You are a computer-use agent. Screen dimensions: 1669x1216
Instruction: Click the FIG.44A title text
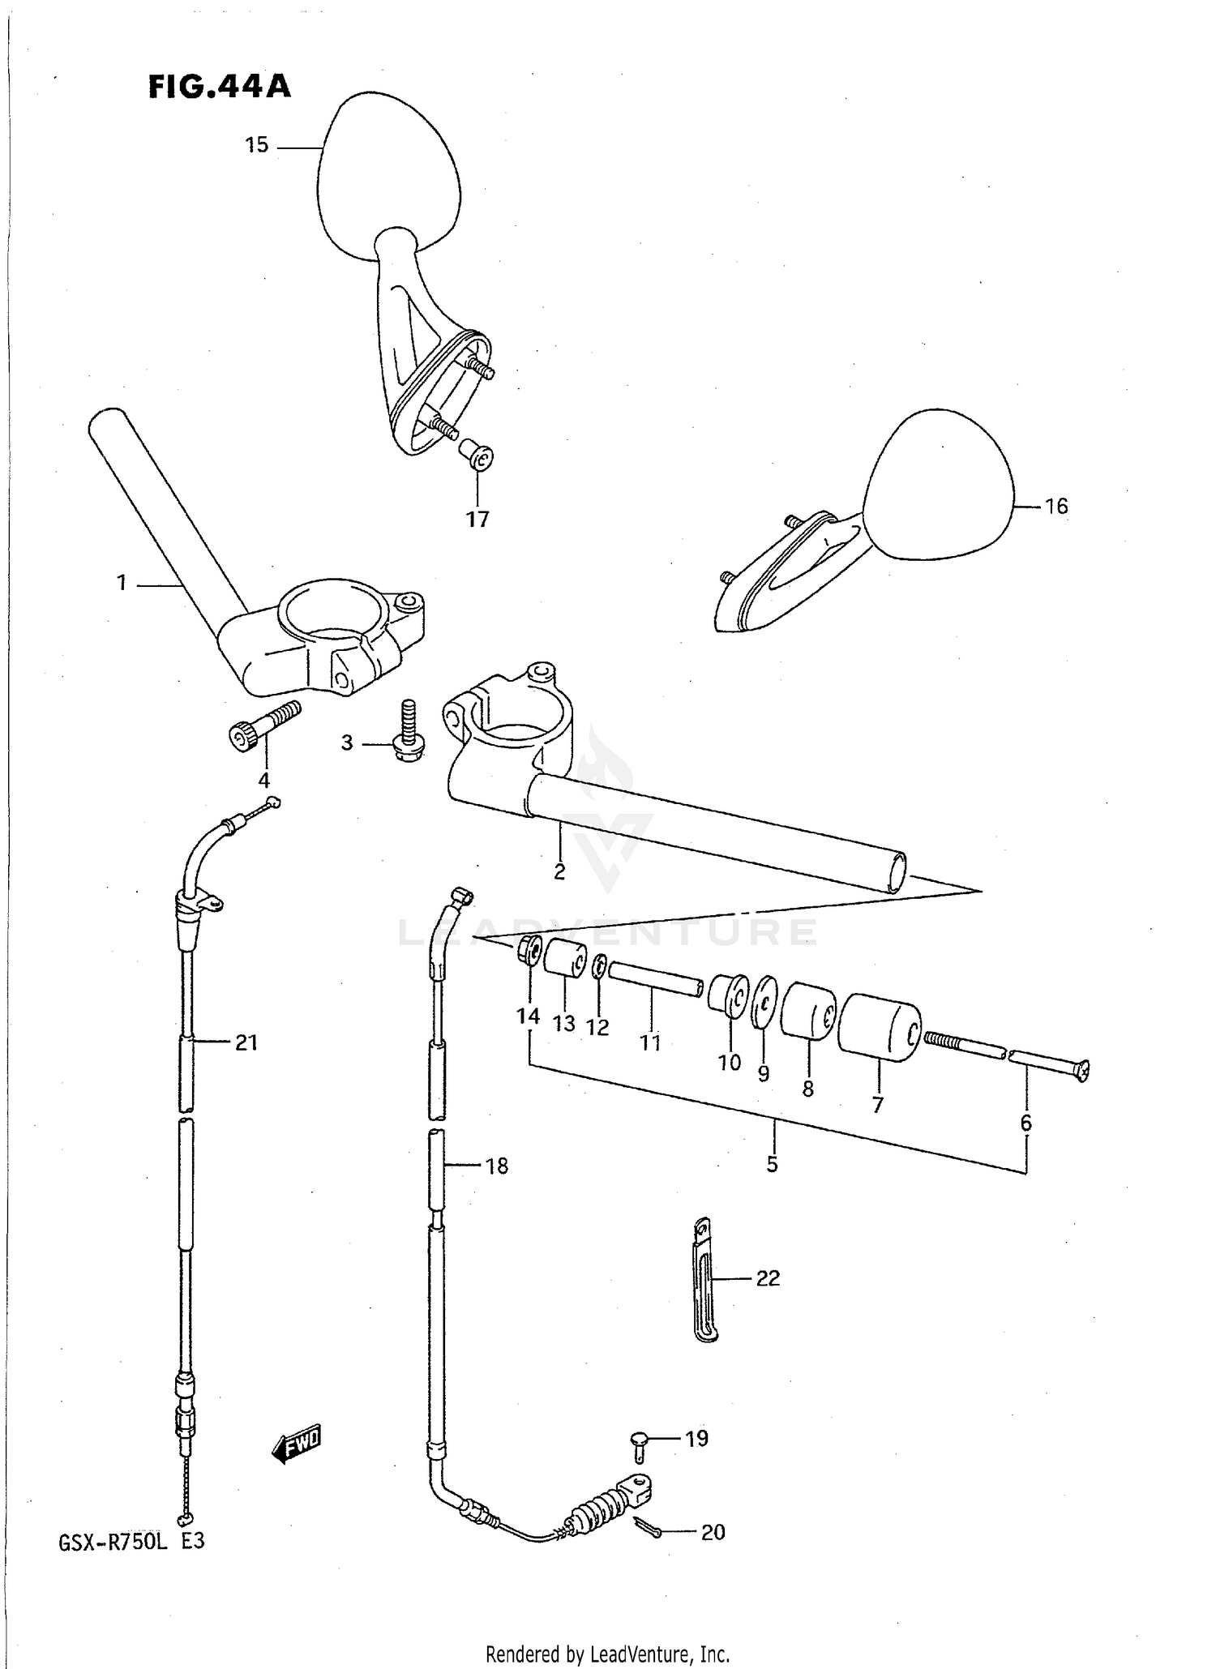point(219,86)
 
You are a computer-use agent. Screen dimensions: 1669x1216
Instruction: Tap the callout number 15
point(256,145)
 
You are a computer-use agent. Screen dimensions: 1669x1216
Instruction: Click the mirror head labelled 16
point(939,486)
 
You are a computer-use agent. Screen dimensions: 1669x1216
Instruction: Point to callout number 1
point(122,583)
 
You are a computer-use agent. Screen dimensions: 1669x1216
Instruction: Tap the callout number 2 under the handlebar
point(559,871)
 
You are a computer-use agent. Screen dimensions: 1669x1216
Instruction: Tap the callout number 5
point(772,1164)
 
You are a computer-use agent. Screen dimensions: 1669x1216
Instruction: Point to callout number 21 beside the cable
point(246,1042)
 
